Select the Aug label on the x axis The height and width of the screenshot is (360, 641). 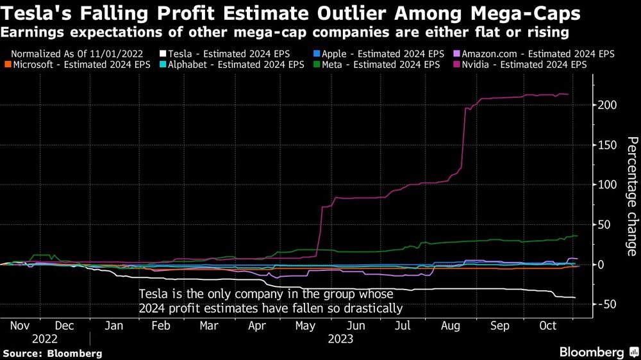pos(451,325)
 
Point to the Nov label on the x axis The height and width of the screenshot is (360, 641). pos(21,325)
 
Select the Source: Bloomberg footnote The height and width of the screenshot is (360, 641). pos(53,353)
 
